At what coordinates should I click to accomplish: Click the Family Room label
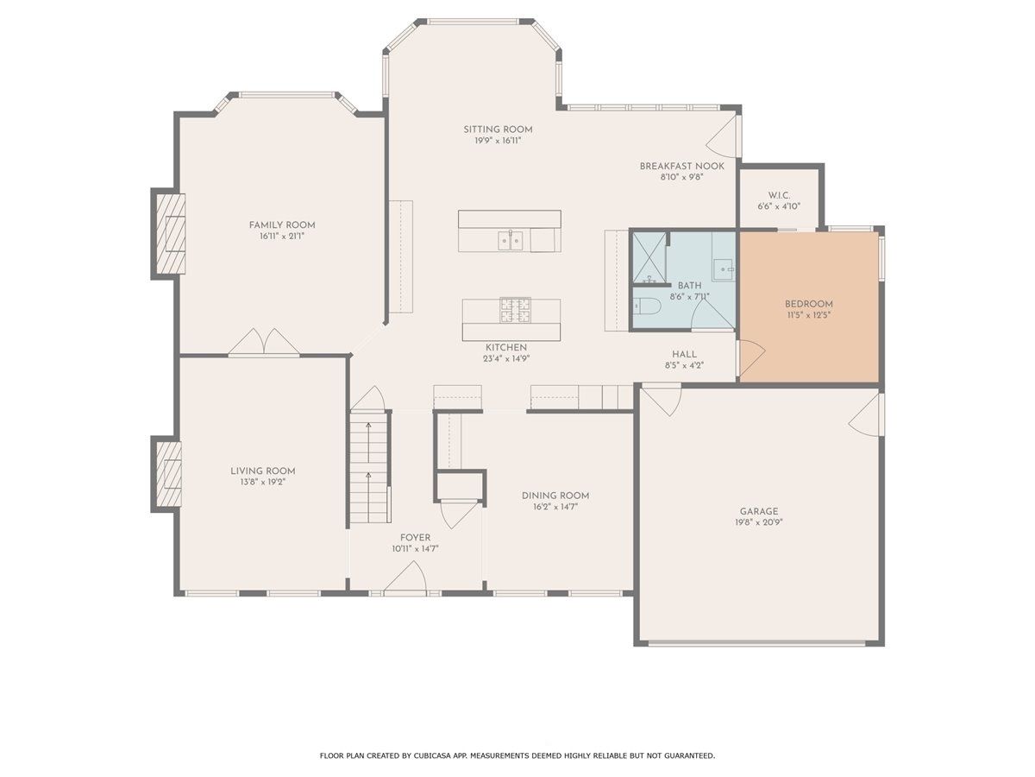coord(282,225)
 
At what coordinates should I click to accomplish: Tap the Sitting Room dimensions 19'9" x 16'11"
coord(498,141)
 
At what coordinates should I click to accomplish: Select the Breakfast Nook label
coord(682,166)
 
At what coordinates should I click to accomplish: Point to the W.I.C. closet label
coord(779,195)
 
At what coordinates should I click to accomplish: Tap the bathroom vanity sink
coord(724,269)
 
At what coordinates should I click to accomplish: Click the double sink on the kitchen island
coord(511,241)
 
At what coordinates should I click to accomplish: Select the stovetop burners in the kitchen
coord(516,311)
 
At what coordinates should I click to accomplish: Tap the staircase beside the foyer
coord(369,466)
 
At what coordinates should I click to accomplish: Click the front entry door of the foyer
coord(405,577)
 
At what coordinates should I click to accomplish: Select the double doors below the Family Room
coord(264,342)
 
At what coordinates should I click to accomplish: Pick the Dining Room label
coord(555,496)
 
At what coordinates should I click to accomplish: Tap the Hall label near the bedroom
coord(684,354)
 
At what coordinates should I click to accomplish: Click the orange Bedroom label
coord(809,304)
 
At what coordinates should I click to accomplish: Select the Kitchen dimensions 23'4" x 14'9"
coord(506,358)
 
